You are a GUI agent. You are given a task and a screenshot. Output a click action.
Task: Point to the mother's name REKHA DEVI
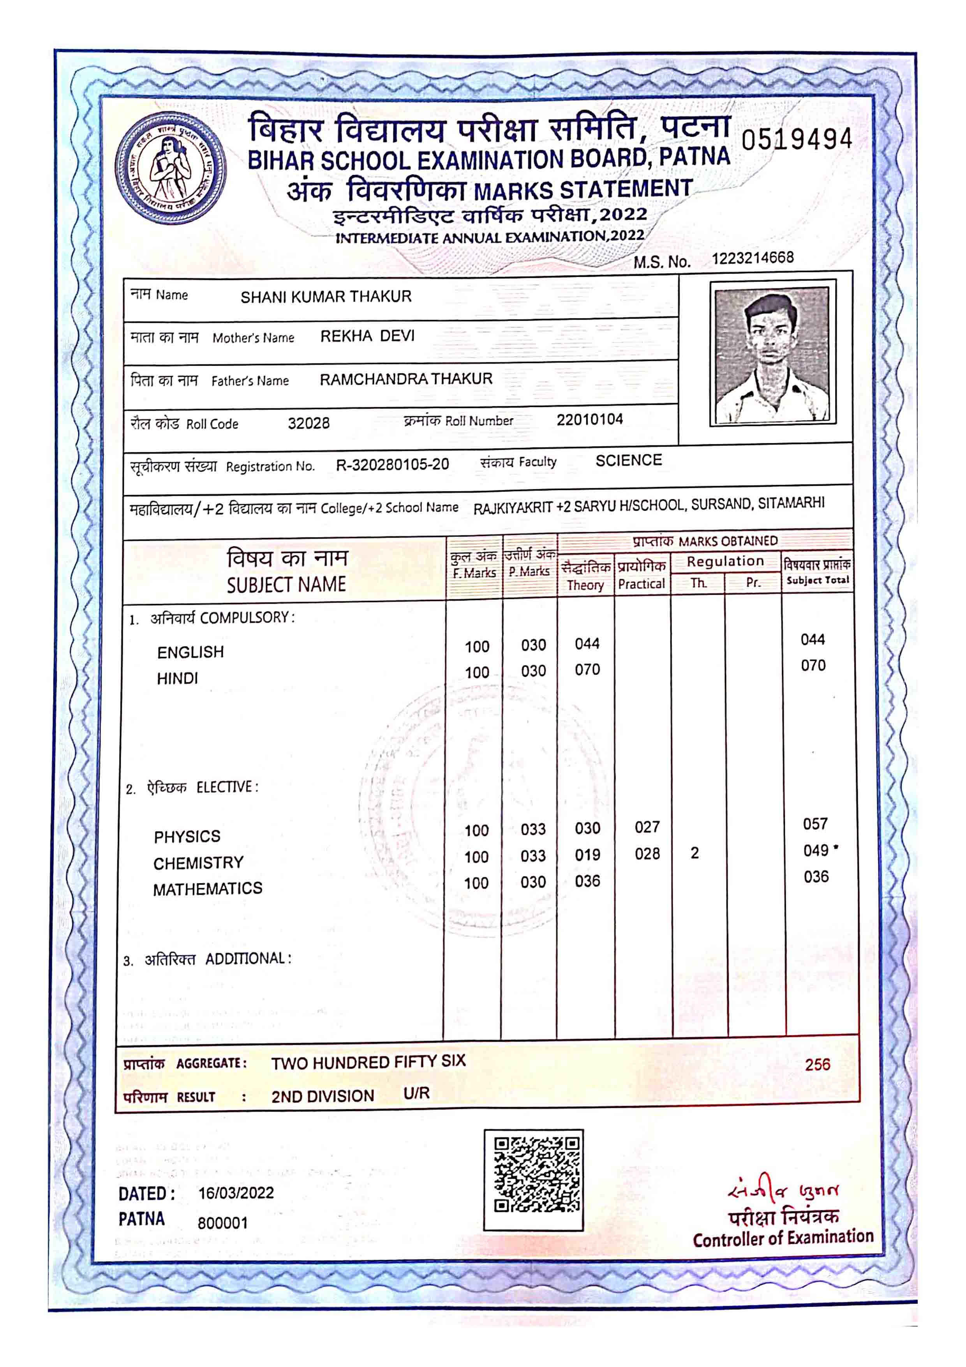click(367, 336)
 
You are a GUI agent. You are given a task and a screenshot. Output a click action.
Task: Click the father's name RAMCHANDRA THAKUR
click(406, 379)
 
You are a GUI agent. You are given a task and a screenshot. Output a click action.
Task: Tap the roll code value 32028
click(308, 423)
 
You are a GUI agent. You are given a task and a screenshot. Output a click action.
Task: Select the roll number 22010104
click(589, 420)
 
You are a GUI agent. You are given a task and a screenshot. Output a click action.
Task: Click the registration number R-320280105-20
click(392, 464)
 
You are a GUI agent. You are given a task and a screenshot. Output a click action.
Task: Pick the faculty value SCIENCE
click(629, 460)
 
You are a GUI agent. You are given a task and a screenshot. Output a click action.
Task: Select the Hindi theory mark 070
click(587, 670)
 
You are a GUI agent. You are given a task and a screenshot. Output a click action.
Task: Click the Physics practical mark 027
click(647, 827)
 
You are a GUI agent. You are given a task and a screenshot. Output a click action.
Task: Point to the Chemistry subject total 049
click(815, 850)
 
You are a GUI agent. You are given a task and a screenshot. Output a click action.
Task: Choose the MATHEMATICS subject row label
click(207, 889)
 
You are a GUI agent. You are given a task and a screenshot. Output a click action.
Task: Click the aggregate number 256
click(816, 1065)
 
